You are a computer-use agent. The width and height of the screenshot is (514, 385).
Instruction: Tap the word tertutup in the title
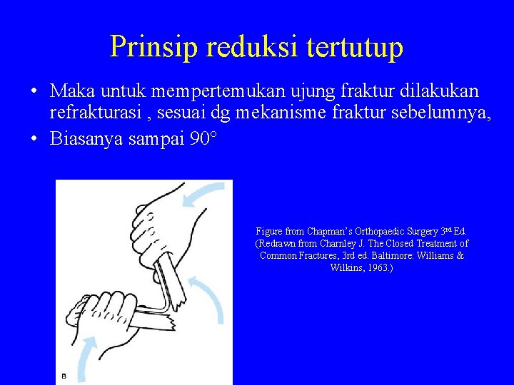tap(355, 46)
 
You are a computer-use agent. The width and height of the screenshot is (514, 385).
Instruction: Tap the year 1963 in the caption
tap(378, 267)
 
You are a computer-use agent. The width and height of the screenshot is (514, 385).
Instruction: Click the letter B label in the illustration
tap(64, 376)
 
